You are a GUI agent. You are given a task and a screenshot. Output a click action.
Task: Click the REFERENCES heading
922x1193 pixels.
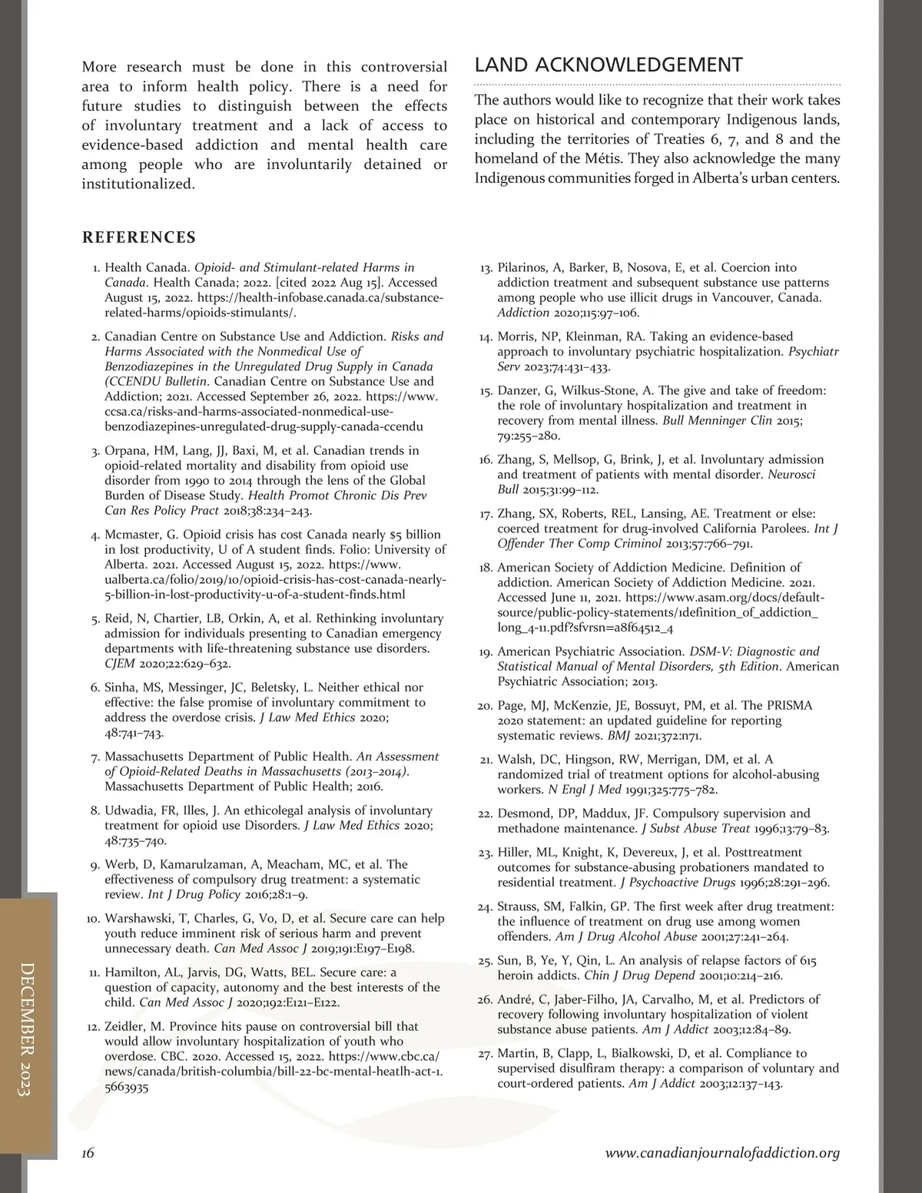pos(139,237)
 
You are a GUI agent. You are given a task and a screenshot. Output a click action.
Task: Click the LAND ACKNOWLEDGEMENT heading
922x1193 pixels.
pos(609,65)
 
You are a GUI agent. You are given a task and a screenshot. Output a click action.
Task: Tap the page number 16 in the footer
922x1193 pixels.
pos(88,1152)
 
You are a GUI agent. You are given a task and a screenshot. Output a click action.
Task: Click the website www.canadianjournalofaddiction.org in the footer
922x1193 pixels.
pos(722,1152)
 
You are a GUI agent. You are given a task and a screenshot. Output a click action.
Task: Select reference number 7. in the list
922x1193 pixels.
pos(95,757)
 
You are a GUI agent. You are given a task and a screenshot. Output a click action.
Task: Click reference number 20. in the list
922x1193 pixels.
pos(485,706)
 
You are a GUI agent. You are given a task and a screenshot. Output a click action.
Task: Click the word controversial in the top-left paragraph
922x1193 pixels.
pos(404,67)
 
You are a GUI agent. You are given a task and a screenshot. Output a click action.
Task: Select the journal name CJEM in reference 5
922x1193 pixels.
pos(120,664)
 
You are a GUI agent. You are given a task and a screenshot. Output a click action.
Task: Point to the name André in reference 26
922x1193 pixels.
pos(516,999)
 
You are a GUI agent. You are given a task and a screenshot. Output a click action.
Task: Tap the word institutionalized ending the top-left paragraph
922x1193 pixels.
pos(137,184)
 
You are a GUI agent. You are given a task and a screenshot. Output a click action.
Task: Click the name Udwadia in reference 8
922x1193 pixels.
pos(131,810)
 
